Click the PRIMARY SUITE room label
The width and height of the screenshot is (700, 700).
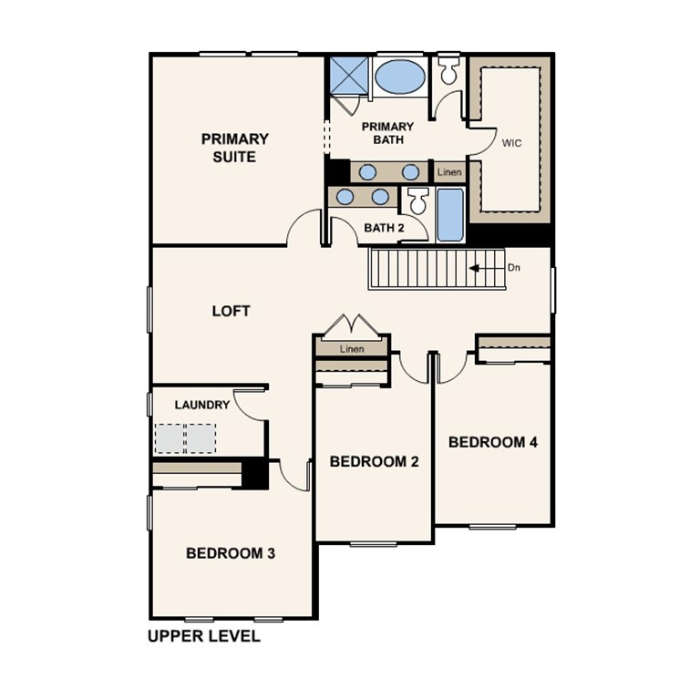point(235,148)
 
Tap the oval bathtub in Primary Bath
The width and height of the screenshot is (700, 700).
point(399,77)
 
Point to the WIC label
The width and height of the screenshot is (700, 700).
point(511,143)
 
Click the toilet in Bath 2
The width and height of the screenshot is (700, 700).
point(417,201)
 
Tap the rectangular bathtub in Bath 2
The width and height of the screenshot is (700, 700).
point(449,215)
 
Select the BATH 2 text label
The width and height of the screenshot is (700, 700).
point(384,227)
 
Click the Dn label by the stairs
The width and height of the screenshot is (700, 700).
point(514,268)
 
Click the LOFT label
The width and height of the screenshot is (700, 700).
point(231,311)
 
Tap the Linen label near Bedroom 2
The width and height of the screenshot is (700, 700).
point(352,349)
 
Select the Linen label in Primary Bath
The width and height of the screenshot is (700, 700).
point(449,171)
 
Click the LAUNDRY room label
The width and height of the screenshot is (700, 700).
point(202,405)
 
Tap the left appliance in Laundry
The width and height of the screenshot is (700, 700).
point(170,438)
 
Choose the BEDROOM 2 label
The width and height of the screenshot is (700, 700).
point(374,461)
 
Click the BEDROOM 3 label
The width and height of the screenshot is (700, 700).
point(231,552)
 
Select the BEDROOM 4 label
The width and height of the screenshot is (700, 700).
point(493,442)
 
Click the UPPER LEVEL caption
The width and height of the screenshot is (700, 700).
point(204,636)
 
